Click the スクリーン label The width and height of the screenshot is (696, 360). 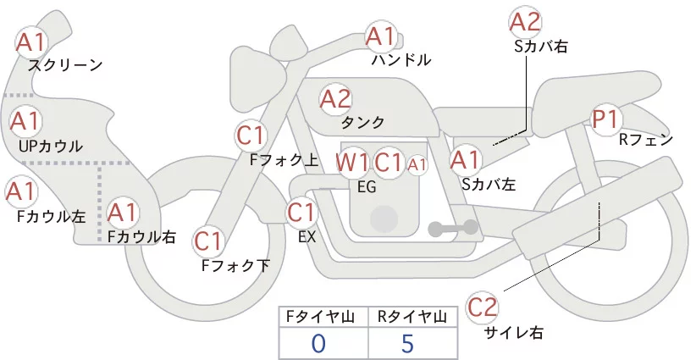pos(65,65)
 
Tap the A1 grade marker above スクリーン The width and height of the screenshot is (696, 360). pos(30,42)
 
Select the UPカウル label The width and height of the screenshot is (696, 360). pos(51,146)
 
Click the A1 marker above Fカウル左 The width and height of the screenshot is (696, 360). pos(21,191)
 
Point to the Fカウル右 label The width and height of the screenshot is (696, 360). pos(142,236)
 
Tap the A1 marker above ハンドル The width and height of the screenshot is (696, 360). pos(380,36)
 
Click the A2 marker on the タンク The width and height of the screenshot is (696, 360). pos(335,99)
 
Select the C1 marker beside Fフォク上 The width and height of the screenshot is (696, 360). pos(251,136)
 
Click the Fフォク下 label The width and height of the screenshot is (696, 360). pos(235,265)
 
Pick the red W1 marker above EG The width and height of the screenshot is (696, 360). pos(352,163)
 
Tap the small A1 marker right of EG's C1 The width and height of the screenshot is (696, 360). pos(417,165)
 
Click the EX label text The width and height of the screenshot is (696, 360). pos(307,237)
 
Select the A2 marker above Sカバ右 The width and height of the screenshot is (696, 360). pos(525,22)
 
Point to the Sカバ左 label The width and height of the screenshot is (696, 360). pos(489,184)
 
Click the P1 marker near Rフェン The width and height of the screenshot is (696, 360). pos(605,119)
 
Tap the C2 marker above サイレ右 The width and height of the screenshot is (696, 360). pos(482,307)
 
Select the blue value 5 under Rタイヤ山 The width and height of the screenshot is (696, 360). pos(407,343)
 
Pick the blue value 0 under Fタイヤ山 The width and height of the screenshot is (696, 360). pos(318,344)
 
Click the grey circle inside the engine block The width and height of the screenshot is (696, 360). pos(384,219)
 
